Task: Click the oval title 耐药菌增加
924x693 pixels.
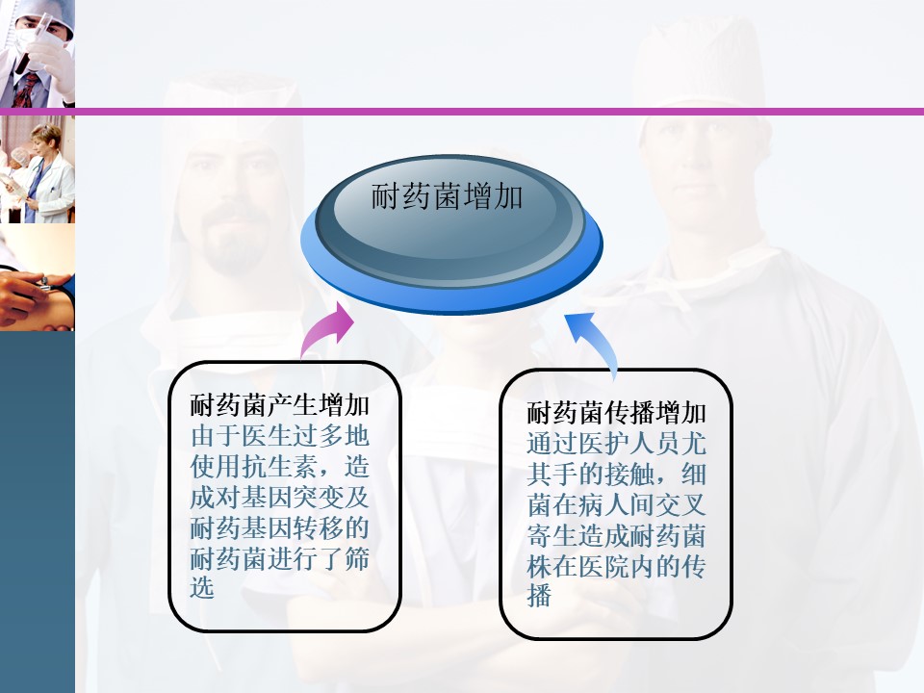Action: (x=447, y=196)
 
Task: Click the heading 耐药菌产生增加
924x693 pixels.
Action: (x=279, y=405)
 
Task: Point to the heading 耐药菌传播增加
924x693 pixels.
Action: (x=616, y=413)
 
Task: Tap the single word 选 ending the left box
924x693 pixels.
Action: (x=202, y=588)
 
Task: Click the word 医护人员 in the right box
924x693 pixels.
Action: (x=629, y=443)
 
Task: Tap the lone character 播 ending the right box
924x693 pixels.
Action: (x=539, y=595)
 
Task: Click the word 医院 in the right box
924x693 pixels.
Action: (x=603, y=566)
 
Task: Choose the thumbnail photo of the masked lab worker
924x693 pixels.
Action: (x=38, y=54)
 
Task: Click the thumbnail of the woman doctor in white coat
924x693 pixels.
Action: (x=38, y=169)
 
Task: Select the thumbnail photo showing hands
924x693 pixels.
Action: (x=38, y=277)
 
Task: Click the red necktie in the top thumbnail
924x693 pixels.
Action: (x=24, y=90)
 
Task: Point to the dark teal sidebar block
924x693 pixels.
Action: (x=38, y=511)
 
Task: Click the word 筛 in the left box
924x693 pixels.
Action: (x=356, y=558)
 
